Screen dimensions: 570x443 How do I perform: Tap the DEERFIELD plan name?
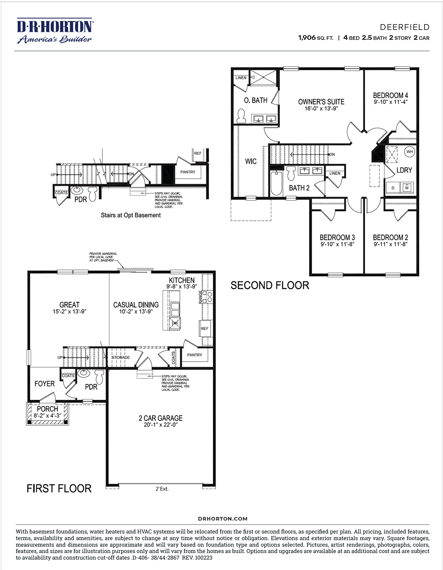404,27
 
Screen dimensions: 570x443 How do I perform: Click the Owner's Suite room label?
321,102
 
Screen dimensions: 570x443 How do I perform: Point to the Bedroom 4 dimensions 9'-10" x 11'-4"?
391,102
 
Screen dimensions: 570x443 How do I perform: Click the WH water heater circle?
410,152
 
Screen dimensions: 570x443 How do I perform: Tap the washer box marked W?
407,187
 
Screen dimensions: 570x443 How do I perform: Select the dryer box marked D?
393,188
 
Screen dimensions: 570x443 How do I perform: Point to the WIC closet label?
251,162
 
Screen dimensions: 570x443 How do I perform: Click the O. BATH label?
256,100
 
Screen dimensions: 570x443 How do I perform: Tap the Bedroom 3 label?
337,238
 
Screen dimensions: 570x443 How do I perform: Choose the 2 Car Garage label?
160,418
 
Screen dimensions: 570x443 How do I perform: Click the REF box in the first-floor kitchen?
205,328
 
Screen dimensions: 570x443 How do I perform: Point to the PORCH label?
48,409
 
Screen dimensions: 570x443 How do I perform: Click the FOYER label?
45,384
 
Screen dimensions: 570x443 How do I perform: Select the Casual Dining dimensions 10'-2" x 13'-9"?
136,311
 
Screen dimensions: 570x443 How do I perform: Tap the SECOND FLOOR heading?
270,286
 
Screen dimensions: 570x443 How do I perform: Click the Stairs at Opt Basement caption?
130,215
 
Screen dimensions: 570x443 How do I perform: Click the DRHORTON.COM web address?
223,519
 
